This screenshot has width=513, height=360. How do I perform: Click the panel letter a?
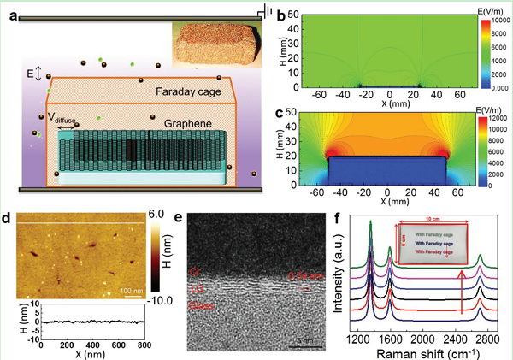(x=9, y=10)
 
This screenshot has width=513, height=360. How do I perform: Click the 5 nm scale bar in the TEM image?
(x=305, y=341)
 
